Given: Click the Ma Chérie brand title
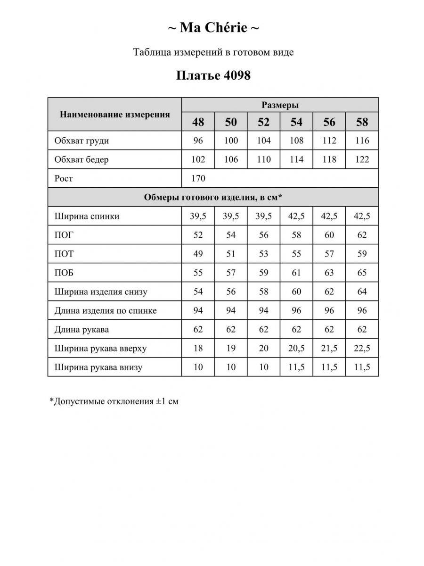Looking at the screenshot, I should tap(213, 28).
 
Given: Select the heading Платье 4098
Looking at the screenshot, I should tap(213, 75).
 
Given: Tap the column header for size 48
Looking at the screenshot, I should tap(198, 122).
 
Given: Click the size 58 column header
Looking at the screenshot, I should tap(362, 122).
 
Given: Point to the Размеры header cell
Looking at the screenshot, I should tap(280, 105).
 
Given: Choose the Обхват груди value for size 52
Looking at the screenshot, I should tap(264, 141).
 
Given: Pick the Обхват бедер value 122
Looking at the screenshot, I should tap(362, 159).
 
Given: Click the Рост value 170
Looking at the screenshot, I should tap(198, 178).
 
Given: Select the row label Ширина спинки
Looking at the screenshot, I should tap(87, 216).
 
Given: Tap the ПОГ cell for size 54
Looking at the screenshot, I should tap(296, 235).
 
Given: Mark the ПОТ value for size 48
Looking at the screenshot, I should tap(198, 254).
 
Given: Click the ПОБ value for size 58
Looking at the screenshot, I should tap(362, 273).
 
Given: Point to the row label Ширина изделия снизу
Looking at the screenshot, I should tap(101, 291).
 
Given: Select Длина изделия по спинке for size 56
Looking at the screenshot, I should tap(329, 310).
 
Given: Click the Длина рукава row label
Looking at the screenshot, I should tap(82, 329).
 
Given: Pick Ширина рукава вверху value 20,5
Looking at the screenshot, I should tap(296, 348).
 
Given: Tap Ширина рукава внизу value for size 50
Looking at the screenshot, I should tap(231, 367).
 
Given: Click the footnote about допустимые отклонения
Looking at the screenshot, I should tap(114, 402).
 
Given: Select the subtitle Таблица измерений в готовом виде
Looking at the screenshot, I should tap(213, 52).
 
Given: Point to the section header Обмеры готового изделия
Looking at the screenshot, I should tap(213, 197).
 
